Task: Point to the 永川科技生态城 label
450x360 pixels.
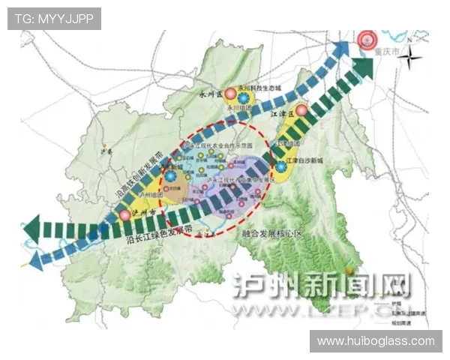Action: tap(259, 88)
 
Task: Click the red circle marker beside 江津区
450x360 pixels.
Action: tap(301, 111)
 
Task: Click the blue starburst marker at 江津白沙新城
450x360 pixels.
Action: tap(280, 166)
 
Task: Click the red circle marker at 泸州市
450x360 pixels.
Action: tap(124, 215)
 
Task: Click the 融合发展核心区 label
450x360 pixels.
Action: tap(271, 234)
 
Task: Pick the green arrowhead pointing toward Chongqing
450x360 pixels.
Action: tap(364, 67)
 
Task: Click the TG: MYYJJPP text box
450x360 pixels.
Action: tap(54, 19)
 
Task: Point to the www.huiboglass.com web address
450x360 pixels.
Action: tap(376, 340)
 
